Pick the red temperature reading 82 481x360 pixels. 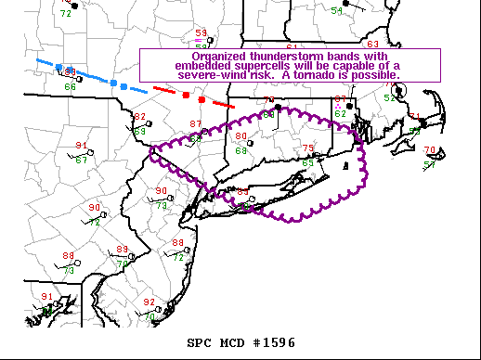click(x=140, y=117)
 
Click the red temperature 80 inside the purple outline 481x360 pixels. click(x=240, y=136)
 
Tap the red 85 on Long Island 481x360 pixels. click(x=243, y=192)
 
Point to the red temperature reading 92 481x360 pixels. click(x=149, y=302)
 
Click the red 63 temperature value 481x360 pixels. click(x=372, y=45)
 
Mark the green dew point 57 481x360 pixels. click(x=430, y=164)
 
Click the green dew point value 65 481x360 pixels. click(x=308, y=162)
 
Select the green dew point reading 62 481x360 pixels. click(x=340, y=114)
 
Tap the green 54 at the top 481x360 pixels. click(x=336, y=11)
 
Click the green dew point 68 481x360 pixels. click(x=240, y=150)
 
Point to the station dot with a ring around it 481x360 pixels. click(x=400, y=91)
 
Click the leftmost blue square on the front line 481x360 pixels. click(x=58, y=67)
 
